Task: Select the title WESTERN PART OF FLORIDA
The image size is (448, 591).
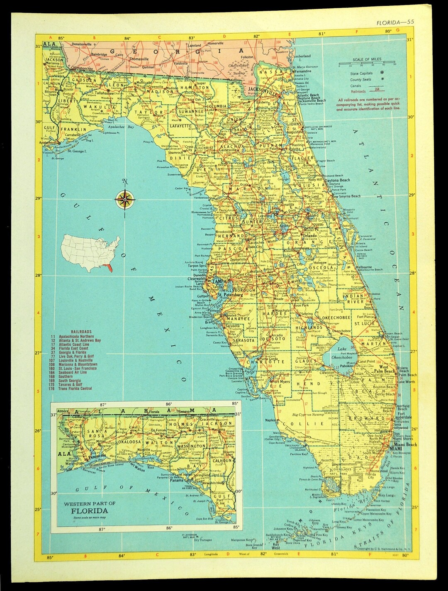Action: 90,507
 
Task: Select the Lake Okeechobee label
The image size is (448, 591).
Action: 342,353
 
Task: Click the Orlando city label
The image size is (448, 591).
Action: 309,235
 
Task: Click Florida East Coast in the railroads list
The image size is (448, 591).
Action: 73,348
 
